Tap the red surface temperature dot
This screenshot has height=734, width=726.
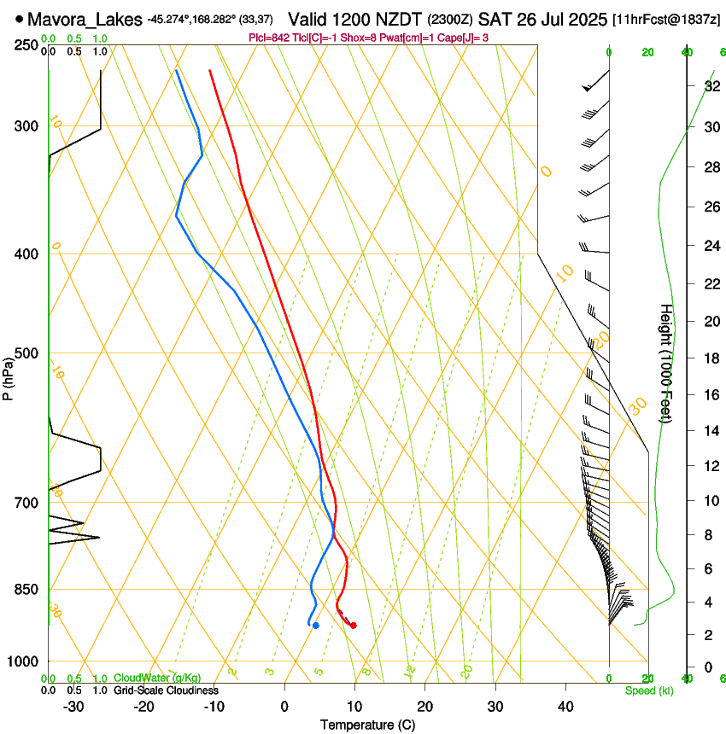click(x=354, y=626)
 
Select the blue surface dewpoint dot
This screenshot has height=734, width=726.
click(x=316, y=626)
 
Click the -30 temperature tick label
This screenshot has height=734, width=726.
click(x=73, y=707)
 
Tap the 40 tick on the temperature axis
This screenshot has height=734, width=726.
click(x=565, y=707)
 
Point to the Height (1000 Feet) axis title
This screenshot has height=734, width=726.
click(x=666, y=363)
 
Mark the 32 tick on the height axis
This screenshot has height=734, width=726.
click(x=709, y=86)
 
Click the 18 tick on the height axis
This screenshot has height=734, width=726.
click(x=709, y=358)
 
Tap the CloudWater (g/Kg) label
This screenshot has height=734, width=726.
click(x=152, y=679)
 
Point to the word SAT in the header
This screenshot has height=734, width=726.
click(x=496, y=18)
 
